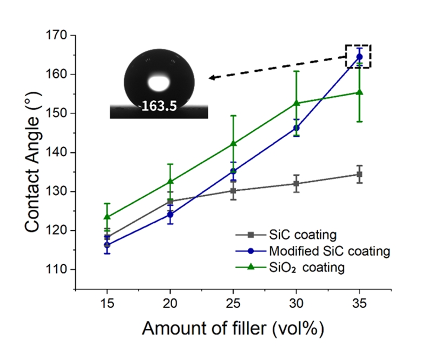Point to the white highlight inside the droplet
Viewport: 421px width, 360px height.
tap(159, 83)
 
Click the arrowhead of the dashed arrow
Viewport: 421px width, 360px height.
tap(213, 78)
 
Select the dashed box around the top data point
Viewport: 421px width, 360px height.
tap(358, 56)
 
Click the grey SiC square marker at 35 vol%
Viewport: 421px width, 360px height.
tap(359, 174)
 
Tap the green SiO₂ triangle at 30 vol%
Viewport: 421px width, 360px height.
tap(297, 103)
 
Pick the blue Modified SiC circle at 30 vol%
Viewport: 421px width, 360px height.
tap(297, 128)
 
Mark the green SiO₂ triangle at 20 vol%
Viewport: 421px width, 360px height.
tap(170, 181)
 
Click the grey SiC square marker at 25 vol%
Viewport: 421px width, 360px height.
tap(233, 191)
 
